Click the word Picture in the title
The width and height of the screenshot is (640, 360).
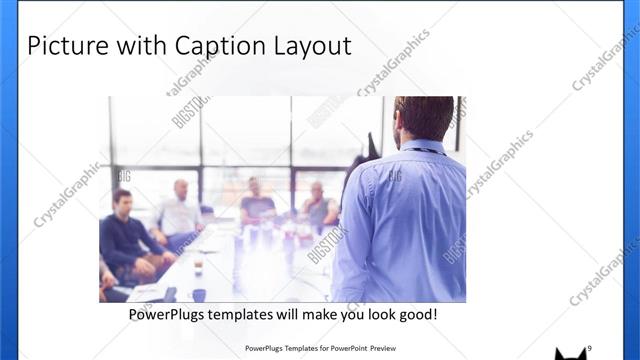(x=62, y=46)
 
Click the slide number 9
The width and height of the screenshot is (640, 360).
(x=589, y=347)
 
